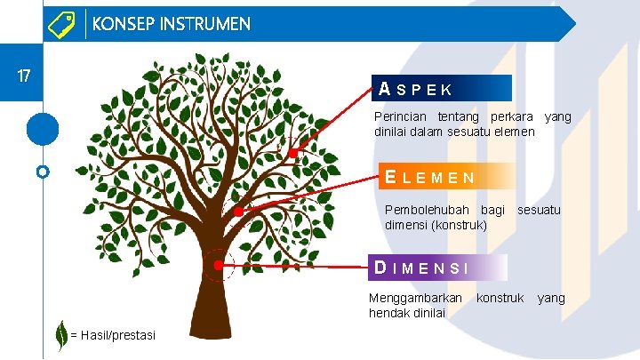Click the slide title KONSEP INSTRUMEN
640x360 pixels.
pyautogui.click(x=171, y=24)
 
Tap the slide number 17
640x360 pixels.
pyautogui.click(x=25, y=76)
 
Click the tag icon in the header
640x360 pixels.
pyautogui.click(x=60, y=24)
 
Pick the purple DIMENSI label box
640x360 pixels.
pyautogui.click(x=438, y=267)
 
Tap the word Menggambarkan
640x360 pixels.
pyautogui.click(x=415, y=298)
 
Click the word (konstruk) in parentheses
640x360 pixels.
pyautogui.click(x=460, y=225)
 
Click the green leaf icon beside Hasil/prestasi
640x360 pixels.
pyautogui.click(x=60, y=334)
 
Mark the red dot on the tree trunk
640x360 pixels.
pyautogui.click(x=218, y=264)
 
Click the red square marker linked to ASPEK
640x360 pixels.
pyautogui.click(x=292, y=153)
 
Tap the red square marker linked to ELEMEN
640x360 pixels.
pyautogui.click(x=239, y=212)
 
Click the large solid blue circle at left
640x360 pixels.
pyautogui.click(x=42, y=129)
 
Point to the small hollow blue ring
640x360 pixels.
pyautogui.click(x=42, y=171)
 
